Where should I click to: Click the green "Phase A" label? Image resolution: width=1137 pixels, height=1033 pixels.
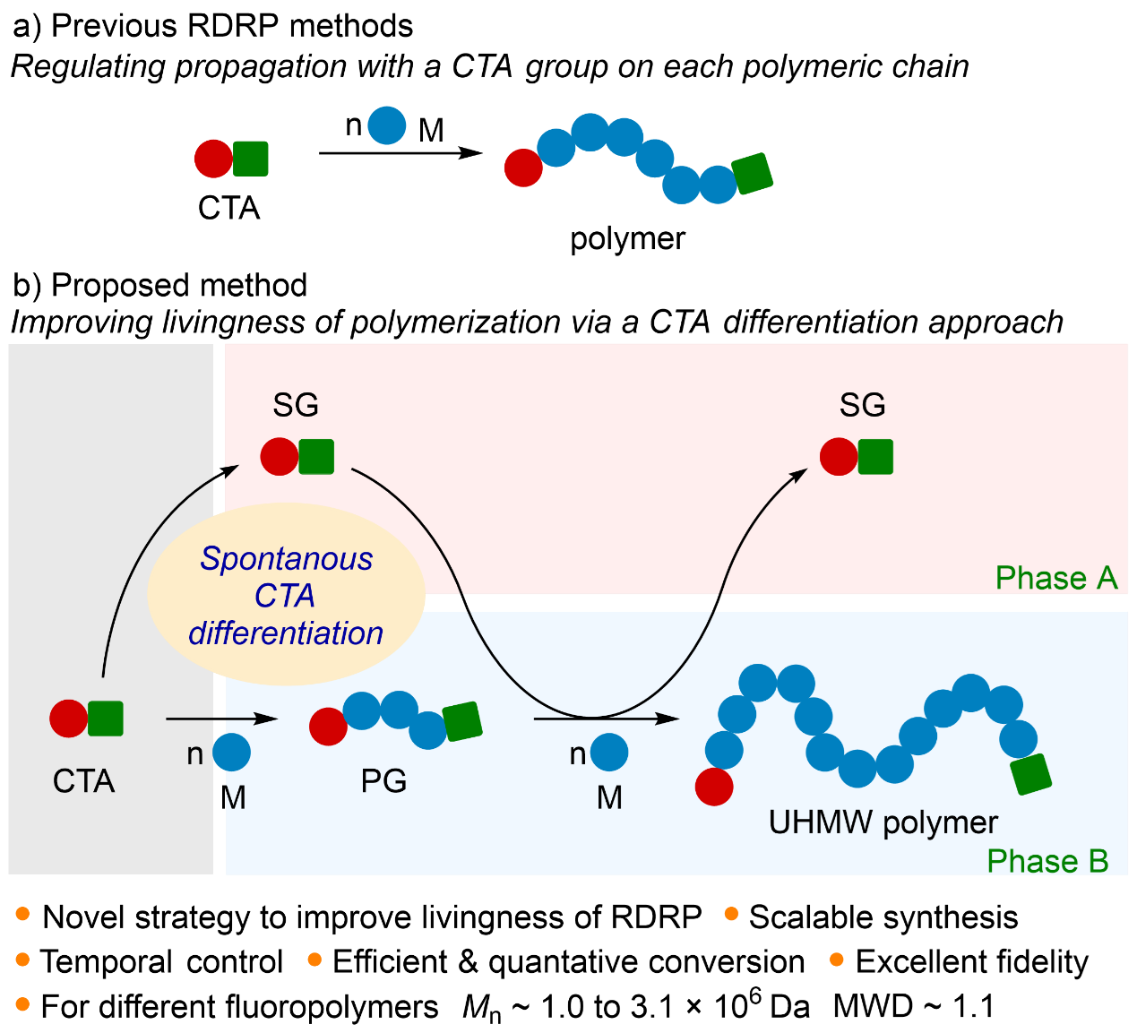[1056, 578]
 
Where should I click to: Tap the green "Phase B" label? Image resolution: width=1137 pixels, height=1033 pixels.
[1047, 861]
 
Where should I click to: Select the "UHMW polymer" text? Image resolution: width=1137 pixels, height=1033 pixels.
[883, 822]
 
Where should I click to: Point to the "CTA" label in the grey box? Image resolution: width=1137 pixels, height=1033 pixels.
[84, 781]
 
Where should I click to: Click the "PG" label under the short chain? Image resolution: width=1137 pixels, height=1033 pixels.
[383, 781]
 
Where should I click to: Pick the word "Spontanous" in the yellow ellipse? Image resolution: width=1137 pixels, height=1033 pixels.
[287, 558]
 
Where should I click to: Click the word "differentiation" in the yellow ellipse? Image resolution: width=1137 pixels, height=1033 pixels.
[286, 633]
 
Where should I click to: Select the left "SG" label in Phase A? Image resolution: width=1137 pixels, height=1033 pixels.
[296, 405]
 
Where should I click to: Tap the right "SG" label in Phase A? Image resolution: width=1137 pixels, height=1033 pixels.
[862, 405]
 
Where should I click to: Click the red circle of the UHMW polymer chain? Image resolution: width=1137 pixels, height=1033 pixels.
[714, 787]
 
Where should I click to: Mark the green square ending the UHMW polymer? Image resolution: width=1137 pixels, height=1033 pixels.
[1031, 774]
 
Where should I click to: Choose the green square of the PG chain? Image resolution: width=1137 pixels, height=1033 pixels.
[462, 721]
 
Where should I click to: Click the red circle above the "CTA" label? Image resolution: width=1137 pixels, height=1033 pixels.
[68, 719]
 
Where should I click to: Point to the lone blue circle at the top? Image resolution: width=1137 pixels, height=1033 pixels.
[387, 125]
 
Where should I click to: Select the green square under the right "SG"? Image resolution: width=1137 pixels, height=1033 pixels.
[875, 457]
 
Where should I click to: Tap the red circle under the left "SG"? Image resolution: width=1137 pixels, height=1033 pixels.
[280, 457]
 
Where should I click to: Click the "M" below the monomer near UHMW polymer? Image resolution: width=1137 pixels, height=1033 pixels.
[609, 797]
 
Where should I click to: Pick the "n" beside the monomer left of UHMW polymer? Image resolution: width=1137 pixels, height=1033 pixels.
[578, 754]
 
